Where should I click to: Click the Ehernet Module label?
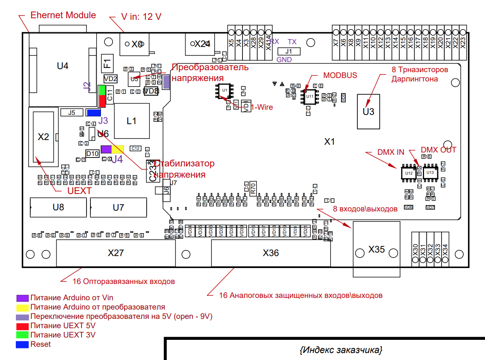[x=63, y=16]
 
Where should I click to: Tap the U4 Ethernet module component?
[x=62, y=66]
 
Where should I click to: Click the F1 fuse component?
[x=107, y=63]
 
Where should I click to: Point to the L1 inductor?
[x=132, y=121]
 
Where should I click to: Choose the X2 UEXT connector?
[x=43, y=137]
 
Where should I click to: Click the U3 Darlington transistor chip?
[x=368, y=111]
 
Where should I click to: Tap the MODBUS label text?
[x=340, y=75]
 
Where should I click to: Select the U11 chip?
[x=310, y=96]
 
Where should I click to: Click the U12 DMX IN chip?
[x=408, y=173]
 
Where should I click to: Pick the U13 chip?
[x=430, y=172]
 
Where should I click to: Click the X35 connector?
[x=376, y=249]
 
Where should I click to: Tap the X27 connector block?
[x=116, y=253]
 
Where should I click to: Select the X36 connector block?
[x=270, y=253]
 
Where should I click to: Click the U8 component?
[x=58, y=208]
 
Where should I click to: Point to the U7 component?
[x=118, y=208]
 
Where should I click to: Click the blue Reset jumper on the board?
[x=94, y=113]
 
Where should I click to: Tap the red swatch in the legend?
[x=23, y=325]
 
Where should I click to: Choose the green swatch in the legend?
[x=23, y=335]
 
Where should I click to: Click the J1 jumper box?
[x=288, y=51]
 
